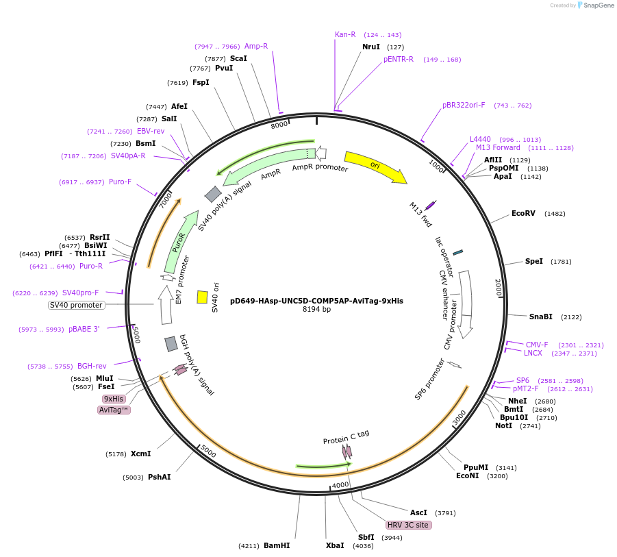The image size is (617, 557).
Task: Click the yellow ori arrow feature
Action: click(375, 167)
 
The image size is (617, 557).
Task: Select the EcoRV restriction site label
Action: click(523, 214)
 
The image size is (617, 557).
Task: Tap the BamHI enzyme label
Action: click(277, 546)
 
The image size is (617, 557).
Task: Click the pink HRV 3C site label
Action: click(408, 525)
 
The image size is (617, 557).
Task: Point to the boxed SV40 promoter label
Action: click(76, 305)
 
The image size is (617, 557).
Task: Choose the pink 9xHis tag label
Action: click(114, 399)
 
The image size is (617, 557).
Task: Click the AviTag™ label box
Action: click(114, 410)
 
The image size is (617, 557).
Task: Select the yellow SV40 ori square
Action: click(202, 297)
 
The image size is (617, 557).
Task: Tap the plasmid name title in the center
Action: click(316, 300)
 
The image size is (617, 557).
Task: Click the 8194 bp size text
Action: click(316, 310)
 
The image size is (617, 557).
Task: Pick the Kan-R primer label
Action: click(345, 34)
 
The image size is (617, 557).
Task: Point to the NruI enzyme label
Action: click(371, 47)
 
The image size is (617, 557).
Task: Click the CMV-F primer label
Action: click(537, 345)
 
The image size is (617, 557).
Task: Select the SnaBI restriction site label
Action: click(541, 317)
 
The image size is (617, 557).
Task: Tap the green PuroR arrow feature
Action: click(179, 243)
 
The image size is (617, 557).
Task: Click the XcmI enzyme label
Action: click(140, 454)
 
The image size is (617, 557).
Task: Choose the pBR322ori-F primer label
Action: click(464, 106)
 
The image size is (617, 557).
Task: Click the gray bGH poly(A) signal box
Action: click(171, 344)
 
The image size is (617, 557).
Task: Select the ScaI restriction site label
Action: click(238, 58)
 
